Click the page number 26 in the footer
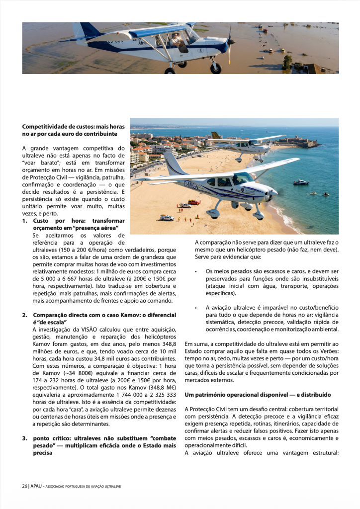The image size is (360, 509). [24, 486]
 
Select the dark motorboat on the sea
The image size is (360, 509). [300, 182]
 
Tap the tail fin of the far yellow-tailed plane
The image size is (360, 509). [215, 136]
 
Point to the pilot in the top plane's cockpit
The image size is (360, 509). [178, 40]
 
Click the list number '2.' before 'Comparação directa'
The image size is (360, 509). [25, 315]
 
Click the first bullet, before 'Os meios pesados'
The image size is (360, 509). [196, 272]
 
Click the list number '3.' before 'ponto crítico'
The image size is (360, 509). [25, 438]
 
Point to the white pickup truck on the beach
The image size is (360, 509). [167, 218]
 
